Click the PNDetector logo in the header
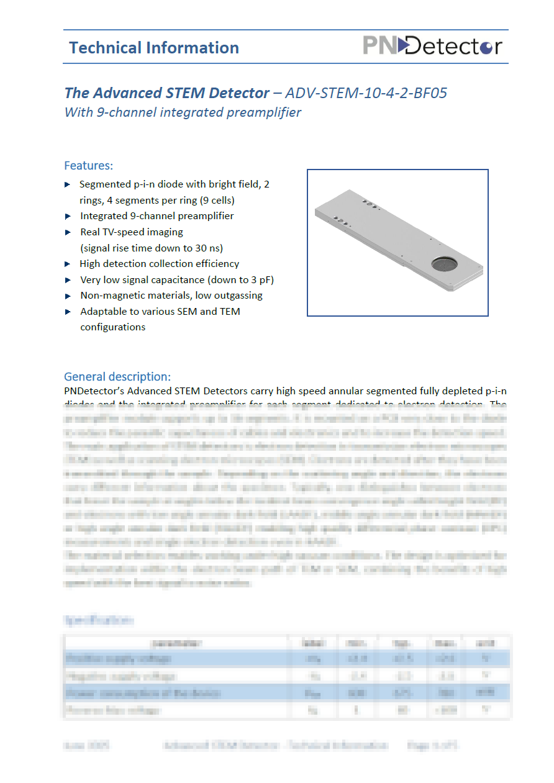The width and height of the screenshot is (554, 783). coord(432,46)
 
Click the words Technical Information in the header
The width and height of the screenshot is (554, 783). coord(154,48)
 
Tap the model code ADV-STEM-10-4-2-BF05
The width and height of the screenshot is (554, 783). coord(367,93)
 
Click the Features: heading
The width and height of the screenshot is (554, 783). coord(89,166)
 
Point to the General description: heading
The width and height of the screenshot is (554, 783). coord(117,377)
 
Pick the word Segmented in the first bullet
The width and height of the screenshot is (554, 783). coord(104,184)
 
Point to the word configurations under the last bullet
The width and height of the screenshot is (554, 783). coord(112,327)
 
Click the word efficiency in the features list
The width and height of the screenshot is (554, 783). coord(218,264)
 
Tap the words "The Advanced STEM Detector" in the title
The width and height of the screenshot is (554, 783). coord(167,93)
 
